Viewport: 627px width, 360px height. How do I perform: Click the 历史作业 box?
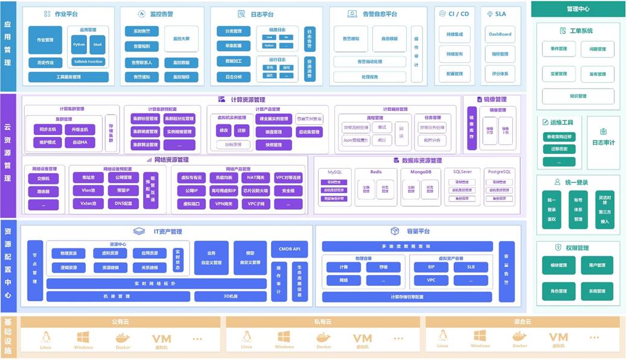[45, 63]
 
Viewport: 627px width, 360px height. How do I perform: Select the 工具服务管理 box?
[68, 77]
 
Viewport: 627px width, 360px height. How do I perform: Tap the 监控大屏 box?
[181, 39]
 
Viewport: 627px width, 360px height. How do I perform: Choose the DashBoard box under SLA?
[500, 34]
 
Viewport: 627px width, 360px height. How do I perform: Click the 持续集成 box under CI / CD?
[454, 34]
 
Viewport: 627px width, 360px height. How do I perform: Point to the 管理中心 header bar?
[578, 9]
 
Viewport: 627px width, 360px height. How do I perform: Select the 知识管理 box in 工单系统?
[578, 96]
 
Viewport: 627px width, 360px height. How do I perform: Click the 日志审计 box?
[603, 142]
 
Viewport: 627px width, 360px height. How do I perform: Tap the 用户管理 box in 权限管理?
[593, 265]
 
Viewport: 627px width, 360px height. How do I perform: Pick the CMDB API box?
[293, 248]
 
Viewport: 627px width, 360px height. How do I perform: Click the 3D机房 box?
[230, 297]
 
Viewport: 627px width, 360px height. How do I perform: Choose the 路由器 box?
[43, 191]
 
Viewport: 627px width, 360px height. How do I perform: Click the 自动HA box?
[80, 143]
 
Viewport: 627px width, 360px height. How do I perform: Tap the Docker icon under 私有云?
[323, 339]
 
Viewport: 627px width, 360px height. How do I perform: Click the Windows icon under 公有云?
[83, 339]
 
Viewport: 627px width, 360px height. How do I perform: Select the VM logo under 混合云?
[558, 338]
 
